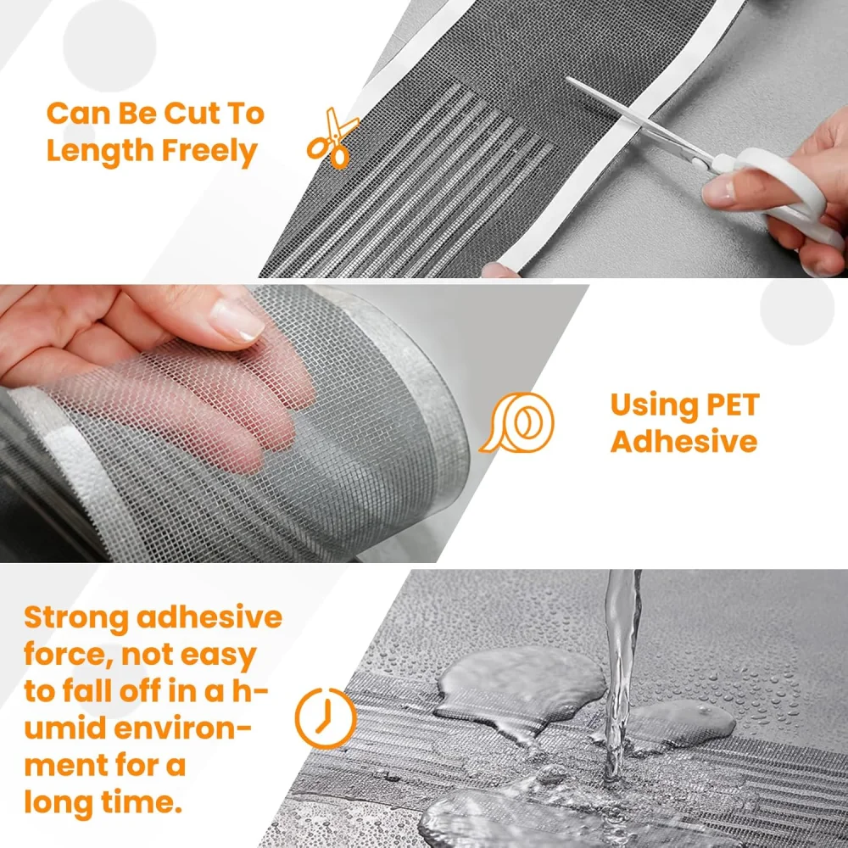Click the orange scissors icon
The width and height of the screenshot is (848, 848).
pos(332,138)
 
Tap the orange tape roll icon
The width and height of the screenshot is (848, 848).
pos(517,422)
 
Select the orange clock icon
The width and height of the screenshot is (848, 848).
pos(326,718)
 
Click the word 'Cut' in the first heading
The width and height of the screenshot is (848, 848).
pos(192,114)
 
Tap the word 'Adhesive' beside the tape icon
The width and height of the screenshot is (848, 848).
pos(684,441)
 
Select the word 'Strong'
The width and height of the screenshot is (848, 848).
pos(76,618)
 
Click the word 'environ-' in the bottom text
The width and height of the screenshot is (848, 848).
pos(183,728)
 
